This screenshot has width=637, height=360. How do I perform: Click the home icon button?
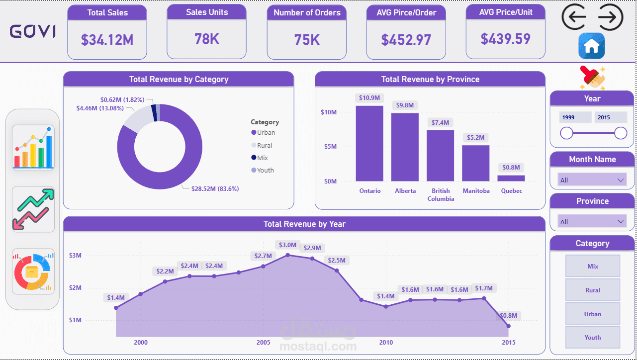coord(591,46)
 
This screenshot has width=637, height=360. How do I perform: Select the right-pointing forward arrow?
coord(610,17)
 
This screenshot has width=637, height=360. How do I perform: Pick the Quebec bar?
coord(511,178)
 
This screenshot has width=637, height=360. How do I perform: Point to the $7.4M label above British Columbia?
coord(440,122)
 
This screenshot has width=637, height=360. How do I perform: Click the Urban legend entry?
coord(266,133)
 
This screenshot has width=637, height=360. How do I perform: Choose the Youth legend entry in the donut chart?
coord(266,170)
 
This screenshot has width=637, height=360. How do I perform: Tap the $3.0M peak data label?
coord(287,245)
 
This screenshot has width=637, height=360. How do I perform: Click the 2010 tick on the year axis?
coord(386,342)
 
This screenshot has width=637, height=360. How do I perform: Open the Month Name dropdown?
coord(592,180)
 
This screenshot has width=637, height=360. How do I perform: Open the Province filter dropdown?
coord(592,222)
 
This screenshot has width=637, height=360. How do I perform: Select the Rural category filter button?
coord(593,290)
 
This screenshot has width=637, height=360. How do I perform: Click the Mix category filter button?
coord(593,266)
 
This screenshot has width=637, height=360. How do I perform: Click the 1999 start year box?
coord(575,117)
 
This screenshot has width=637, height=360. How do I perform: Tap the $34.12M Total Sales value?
coord(107,40)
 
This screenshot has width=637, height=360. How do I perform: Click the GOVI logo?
coord(33,32)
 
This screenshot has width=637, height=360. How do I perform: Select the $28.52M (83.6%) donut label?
coord(215,189)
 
